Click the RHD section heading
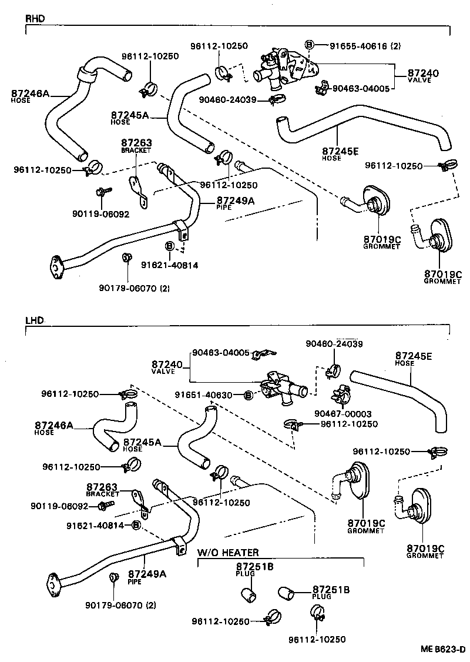tap(35, 18)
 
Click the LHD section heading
tap(35, 322)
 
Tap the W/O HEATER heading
tap(227, 553)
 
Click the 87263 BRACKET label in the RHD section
tap(136, 145)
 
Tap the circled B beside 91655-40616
tap(310, 45)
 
